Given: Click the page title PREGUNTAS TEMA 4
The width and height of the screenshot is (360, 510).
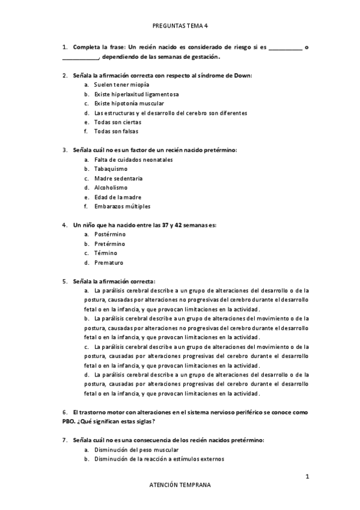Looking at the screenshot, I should coord(180,26).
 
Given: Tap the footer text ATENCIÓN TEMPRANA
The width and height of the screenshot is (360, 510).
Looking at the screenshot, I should coord(180,484).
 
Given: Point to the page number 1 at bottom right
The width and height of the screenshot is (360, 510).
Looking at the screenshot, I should coord(307,478).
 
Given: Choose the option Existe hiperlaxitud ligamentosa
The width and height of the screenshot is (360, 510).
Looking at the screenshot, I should coord(136,94).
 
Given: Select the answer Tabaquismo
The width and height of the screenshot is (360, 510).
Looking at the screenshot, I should coord(110,169).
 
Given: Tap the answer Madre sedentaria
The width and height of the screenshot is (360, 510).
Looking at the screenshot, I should coord(118,179).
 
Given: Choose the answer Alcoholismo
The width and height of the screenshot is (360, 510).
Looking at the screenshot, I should coord(111,188).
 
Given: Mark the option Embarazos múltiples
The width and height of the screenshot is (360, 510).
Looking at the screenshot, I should coord(122,206).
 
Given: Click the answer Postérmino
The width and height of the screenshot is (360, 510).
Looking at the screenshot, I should coord(109,235).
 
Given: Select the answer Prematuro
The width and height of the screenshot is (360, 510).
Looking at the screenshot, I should coord(109,262).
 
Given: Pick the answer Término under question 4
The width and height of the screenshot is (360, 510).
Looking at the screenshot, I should coord(106,253).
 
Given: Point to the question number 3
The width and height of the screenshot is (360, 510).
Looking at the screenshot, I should coord(64,150).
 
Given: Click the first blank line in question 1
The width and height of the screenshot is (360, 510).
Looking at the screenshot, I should coord(285,48).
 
